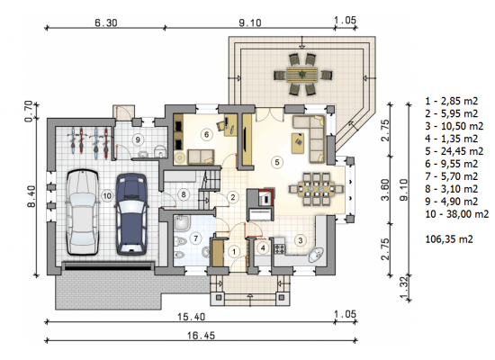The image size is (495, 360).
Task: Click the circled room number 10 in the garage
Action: tap(107, 196)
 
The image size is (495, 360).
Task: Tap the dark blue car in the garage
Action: tap(131, 214)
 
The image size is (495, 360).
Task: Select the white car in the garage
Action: tap(83, 212)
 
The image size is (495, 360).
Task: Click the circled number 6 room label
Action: tap(206, 135)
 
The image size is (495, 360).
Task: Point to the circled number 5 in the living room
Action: tap(277, 162)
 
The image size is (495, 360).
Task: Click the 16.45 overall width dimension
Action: tap(201, 335)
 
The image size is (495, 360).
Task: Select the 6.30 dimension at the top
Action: tap(106, 22)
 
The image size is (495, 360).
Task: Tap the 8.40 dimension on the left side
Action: tap(31, 196)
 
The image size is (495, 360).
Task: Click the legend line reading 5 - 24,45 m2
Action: tap(454, 151)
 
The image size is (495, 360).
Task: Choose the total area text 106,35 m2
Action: tap(449, 239)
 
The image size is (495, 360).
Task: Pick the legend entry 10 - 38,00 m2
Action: tap(457, 214)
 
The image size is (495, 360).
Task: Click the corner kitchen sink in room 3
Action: tap(316, 255)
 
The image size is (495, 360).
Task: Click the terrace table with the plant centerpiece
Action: tap(302, 75)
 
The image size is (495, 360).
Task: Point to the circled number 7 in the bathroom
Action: tap(196, 238)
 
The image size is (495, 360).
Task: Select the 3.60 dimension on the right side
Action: tap(385, 190)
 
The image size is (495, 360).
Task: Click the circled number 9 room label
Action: tap(138, 139)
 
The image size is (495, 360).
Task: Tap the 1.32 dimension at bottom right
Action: tap(404, 288)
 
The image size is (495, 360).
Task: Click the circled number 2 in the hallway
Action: tap(233, 197)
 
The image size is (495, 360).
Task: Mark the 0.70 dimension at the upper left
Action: tap(29, 112)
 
